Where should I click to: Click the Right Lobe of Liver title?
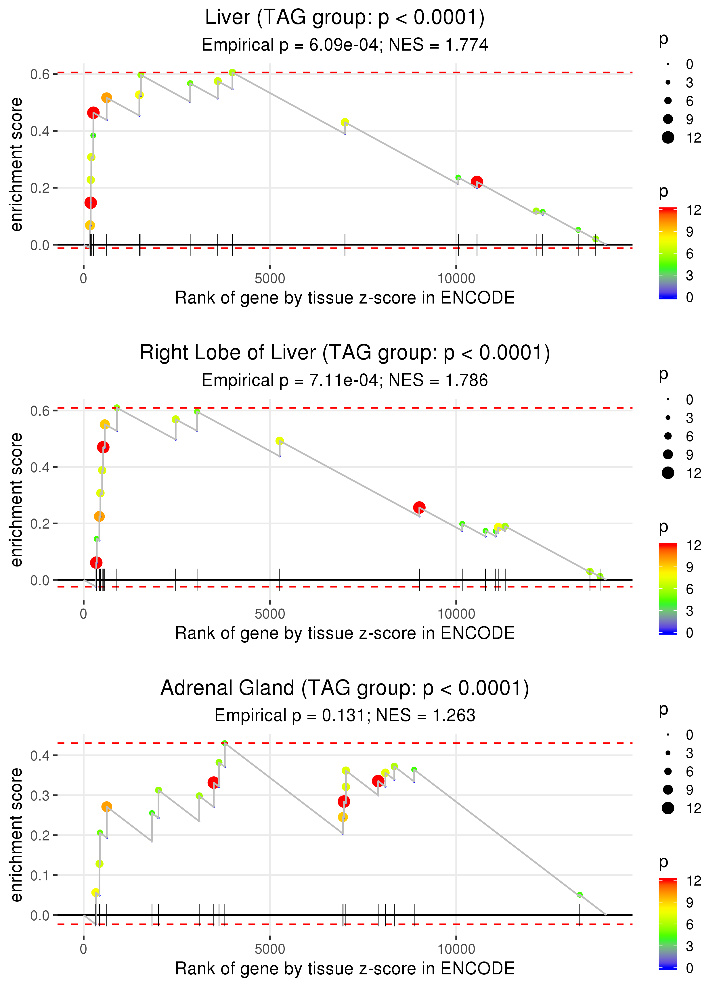pos(345,353)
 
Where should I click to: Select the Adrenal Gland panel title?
pos(345,688)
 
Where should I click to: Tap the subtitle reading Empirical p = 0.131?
pos(345,715)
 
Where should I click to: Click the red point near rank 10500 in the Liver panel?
pos(477,181)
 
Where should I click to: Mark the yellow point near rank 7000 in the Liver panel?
pos(345,122)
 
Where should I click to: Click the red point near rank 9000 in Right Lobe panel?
pos(419,507)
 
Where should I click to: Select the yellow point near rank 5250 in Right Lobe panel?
pos(279,441)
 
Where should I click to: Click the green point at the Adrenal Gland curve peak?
pos(225,743)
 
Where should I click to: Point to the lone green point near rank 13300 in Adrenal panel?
pos(580,894)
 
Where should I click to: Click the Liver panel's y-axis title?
pos(16,165)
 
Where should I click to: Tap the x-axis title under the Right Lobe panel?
pos(345,633)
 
